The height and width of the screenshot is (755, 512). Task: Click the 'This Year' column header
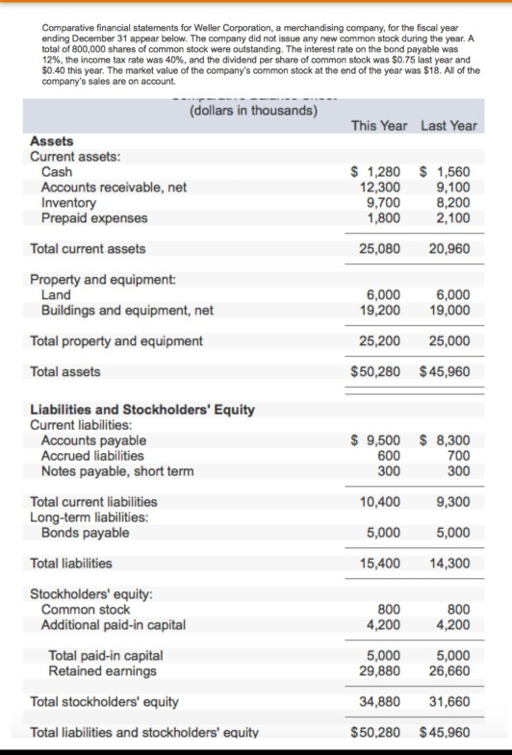379,126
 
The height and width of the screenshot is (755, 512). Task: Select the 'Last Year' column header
448,126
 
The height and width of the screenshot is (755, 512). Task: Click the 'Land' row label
57,295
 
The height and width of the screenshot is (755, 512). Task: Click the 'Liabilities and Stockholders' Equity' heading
142,410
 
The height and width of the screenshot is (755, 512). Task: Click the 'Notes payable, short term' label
117,471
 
